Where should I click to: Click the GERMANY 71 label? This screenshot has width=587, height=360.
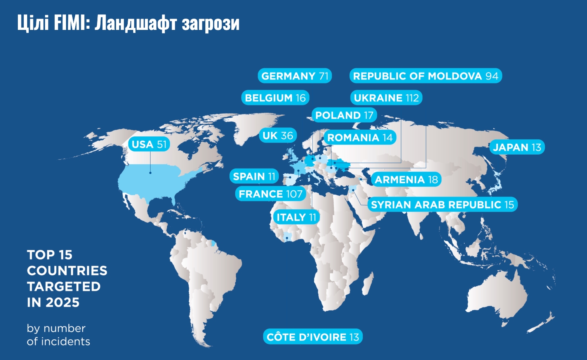pos(295,76)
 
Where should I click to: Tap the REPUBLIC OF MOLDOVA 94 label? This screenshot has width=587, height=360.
pos(425,76)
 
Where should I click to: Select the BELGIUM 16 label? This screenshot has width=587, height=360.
pos(275,98)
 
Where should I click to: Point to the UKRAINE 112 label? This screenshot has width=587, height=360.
pos(386,98)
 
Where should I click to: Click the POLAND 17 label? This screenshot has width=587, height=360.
pos(344,115)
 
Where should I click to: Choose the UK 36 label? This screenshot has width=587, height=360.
pos(278,136)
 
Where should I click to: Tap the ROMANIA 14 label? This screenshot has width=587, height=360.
pos(360,137)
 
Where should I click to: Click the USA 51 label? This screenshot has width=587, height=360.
pos(149,144)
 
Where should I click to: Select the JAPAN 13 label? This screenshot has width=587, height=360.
pos(517,147)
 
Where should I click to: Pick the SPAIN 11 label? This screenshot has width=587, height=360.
pos(254,176)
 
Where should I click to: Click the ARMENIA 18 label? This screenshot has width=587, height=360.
pos(406,179)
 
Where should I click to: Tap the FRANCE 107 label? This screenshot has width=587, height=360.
pos(270,194)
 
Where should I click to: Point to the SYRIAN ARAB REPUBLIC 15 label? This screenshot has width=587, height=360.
pos(442,205)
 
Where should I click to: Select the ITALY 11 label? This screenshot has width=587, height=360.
pos(296,217)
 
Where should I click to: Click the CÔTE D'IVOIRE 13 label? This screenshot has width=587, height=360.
pos(313,337)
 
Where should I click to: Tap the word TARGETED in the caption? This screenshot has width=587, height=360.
pos(64,287)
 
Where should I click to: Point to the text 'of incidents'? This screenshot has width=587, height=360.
pos(58,342)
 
